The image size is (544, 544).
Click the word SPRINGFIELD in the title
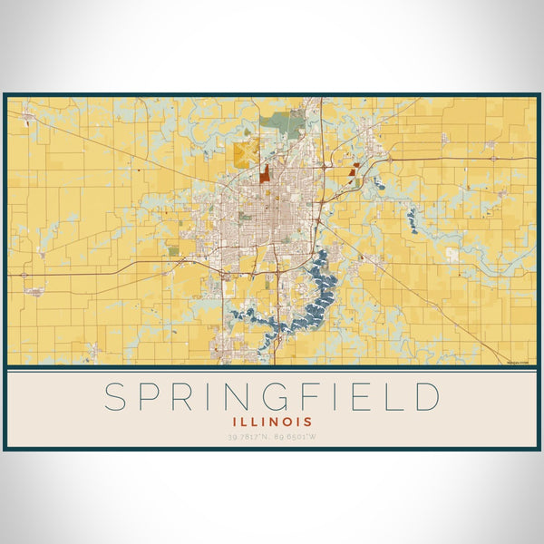(x=272, y=397)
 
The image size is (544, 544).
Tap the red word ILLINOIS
(x=272, y=422)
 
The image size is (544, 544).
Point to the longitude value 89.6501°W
(x=299, y=438)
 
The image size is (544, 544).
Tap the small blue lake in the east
(x=413, y=218)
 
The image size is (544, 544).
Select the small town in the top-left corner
(x=27, y=118)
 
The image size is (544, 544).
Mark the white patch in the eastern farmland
(x=452, y=255)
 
